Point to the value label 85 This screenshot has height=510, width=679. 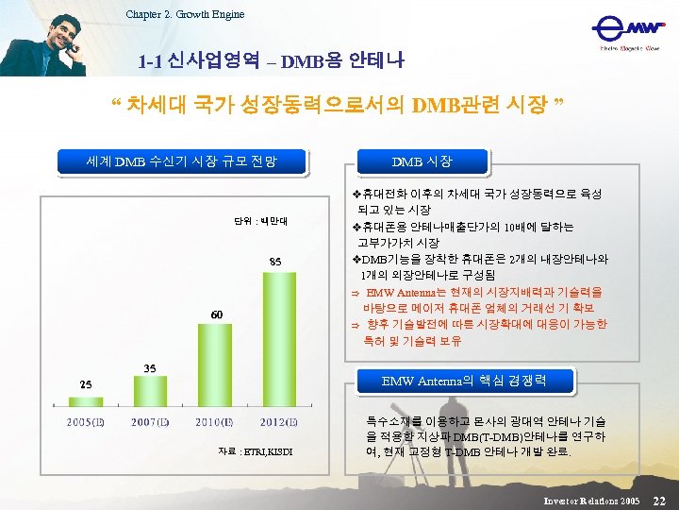click(x=275, y=261)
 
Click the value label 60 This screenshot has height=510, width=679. click(x=216, y=314)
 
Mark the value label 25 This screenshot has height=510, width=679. click(x=86, y=383)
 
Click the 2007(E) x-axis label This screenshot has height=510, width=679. click(x=151, y=421)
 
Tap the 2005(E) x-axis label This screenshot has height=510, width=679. click(x=86, y=421)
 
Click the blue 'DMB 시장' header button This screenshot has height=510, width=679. click(x=422, y=161)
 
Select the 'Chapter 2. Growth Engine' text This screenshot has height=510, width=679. click(x=185, y=13)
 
